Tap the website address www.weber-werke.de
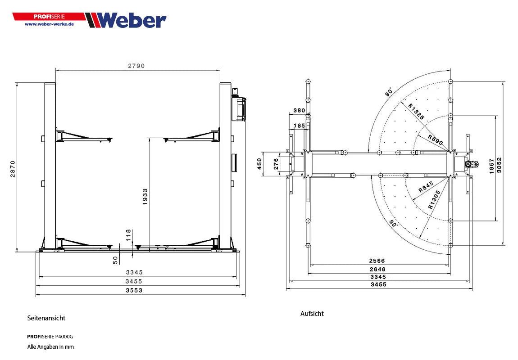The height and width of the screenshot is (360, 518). coord(49,24)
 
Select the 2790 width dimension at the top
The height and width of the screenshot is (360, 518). coord(136,66)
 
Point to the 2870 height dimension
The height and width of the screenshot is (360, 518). coord(13,169)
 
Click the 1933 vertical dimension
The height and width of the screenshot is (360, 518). coord(145,197)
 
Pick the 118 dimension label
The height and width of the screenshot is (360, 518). coord(128,235)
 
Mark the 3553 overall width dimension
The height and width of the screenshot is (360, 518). coord(134,291)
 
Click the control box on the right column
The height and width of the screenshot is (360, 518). coord(238,108)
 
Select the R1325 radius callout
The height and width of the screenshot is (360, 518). coord(417,111)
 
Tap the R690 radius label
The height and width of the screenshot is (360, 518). coord(435,140)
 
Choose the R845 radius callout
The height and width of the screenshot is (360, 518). coord(426,187)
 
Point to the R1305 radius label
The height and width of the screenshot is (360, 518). coord(434,200)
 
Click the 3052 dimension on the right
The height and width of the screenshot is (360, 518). coord(499,165)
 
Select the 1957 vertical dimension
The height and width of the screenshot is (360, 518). coord(491,167)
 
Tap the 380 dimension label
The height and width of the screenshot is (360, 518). coord(299,110)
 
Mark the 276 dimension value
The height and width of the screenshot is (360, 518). coord(276,164)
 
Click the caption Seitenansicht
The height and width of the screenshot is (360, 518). coord(46,318)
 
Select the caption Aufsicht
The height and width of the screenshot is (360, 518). coord(312,314)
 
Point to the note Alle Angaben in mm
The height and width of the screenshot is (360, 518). coord(50,347)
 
